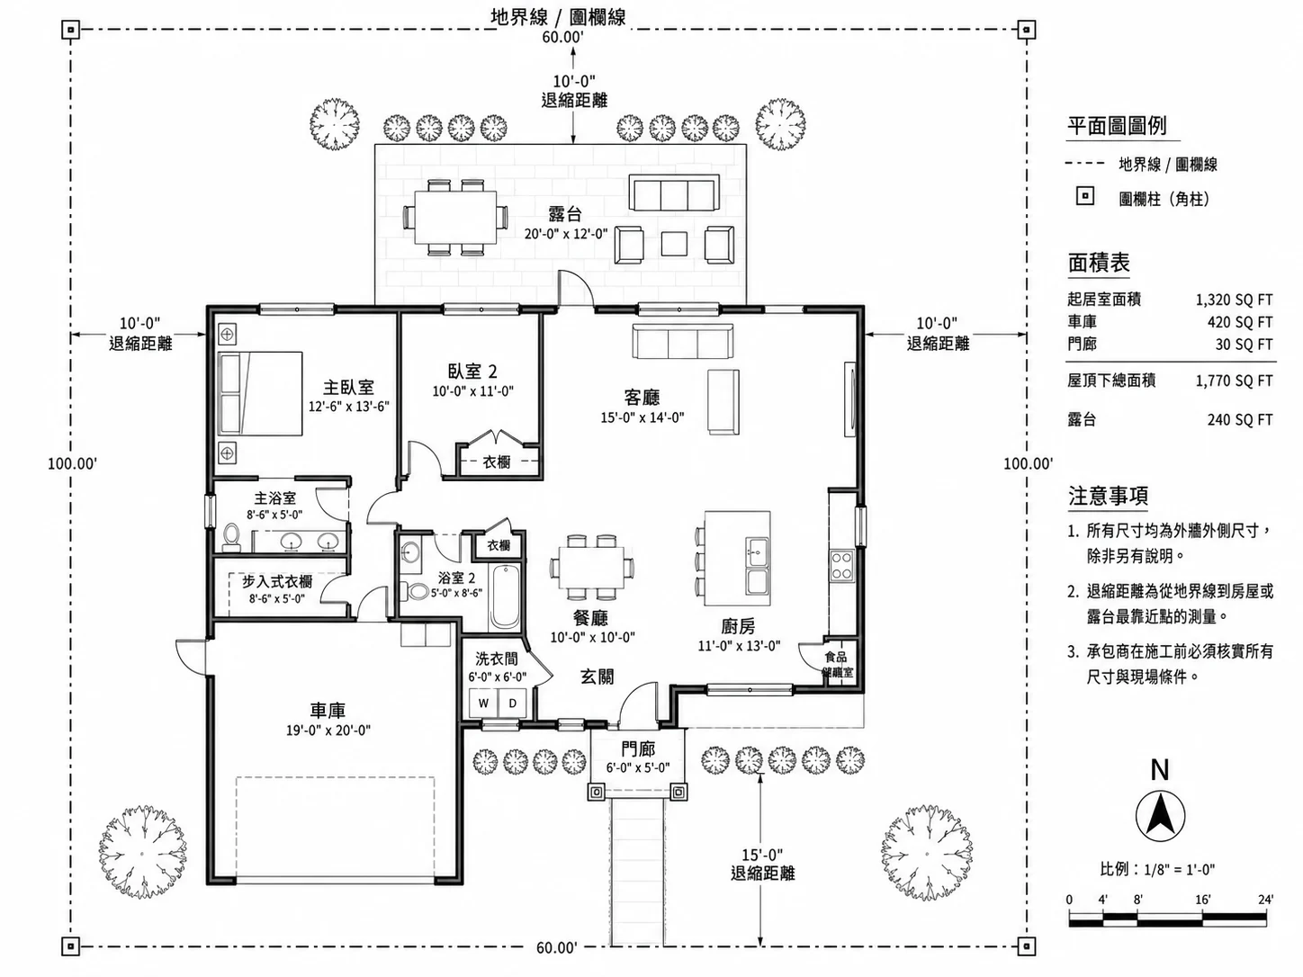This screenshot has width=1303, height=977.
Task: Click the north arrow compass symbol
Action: click(1160, 817)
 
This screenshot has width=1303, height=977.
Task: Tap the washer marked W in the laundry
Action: click(484, 704)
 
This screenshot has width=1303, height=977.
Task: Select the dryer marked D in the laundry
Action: click(512, 704)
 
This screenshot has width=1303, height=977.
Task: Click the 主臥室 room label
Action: click(348, 388)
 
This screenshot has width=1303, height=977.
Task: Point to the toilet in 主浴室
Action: click(231, 536)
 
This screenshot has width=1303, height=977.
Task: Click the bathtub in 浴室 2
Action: click(505, 596)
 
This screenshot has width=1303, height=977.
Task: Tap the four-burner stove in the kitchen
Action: click(841, 565)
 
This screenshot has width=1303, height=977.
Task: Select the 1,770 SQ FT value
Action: click(1234, 381)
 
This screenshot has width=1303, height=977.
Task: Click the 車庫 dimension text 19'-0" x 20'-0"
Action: click(328, 731)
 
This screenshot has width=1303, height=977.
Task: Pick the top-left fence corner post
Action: click(71, 29)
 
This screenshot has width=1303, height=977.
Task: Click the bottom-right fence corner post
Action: click(1027, 946)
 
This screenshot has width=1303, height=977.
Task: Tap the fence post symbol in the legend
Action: click(1084, 196)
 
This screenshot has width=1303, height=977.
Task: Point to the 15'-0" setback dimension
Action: click(762, 855)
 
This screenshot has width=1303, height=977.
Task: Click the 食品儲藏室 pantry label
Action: click(837, 665)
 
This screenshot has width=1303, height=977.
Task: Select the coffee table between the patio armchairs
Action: click(674, 244)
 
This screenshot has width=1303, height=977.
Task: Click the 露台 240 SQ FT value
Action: click(1240, 420)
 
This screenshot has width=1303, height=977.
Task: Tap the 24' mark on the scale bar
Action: click(1265, 900)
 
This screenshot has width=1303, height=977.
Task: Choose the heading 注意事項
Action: click(1108, 496)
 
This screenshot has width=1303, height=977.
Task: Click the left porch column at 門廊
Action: click(598, 792)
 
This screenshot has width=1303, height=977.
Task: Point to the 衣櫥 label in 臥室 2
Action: click(496, 462)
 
